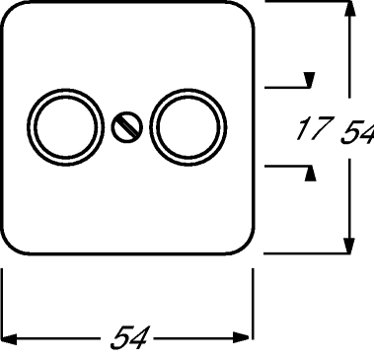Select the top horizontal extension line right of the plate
click(306, 3)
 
